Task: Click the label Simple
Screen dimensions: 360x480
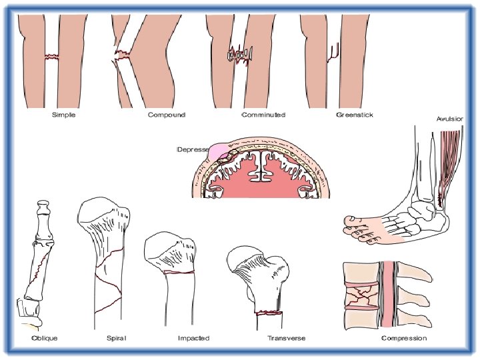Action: (64, 115)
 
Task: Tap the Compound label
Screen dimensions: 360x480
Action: (167, 115)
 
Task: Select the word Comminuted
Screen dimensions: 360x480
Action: (263, 115)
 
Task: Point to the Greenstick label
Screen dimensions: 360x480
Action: (355, 115)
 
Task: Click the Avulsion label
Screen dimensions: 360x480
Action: (451, 119)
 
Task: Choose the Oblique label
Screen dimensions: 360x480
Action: (45, 338)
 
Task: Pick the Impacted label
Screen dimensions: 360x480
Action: (193, 338)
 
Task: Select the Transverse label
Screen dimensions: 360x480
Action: (287, 338)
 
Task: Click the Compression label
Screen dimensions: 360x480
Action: (404, 338)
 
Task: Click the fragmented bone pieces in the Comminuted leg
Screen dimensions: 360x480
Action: (239, 54)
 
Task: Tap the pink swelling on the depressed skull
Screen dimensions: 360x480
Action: (218, 153)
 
